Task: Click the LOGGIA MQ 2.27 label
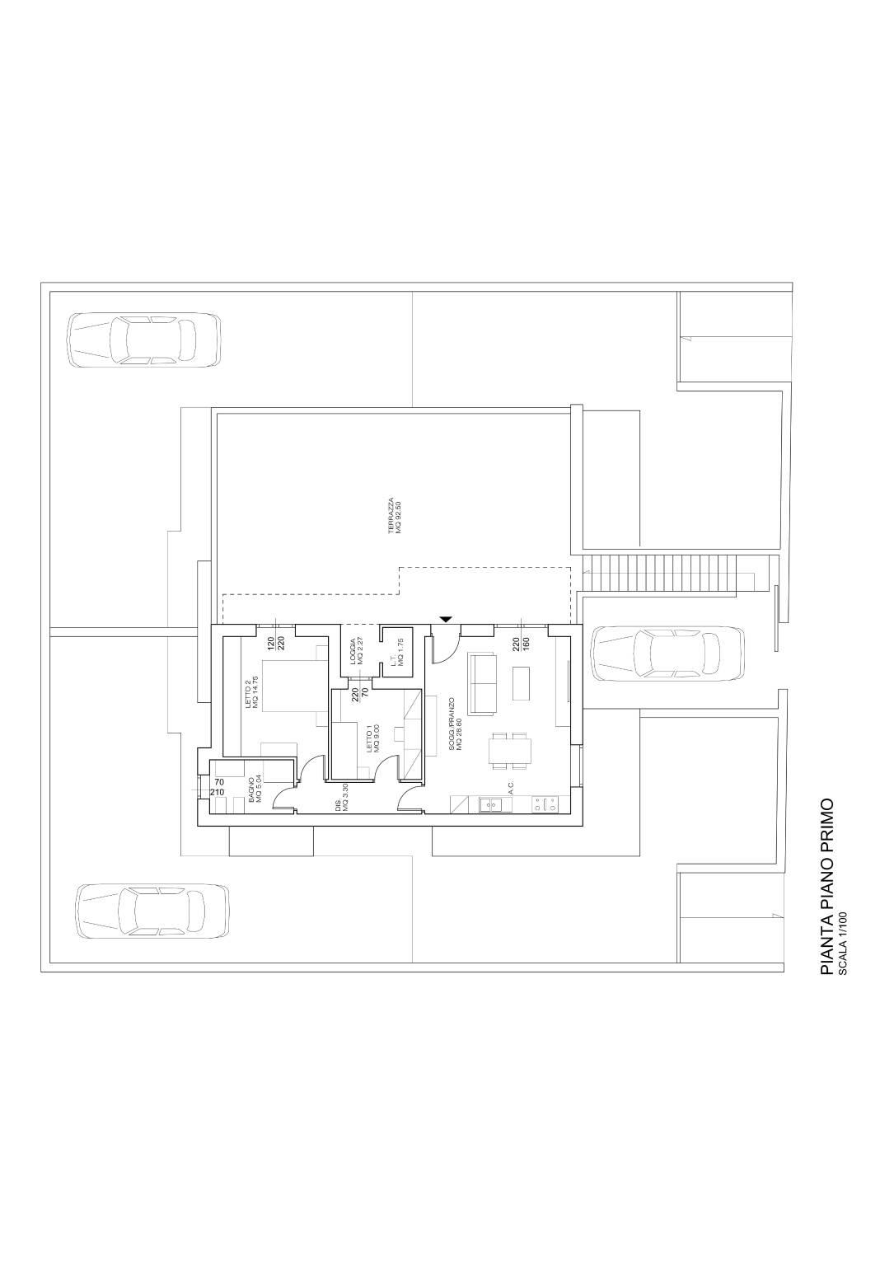pyautogui.click(x=355, y=651)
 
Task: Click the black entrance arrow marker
pyautogui.click(x=446, y=618)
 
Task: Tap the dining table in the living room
pyautogui.click(x=510, y=751)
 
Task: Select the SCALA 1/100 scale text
pyautogui.click(x=841, y=942)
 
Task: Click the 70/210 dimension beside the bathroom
pyautogui.click(x=218, y=787)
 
